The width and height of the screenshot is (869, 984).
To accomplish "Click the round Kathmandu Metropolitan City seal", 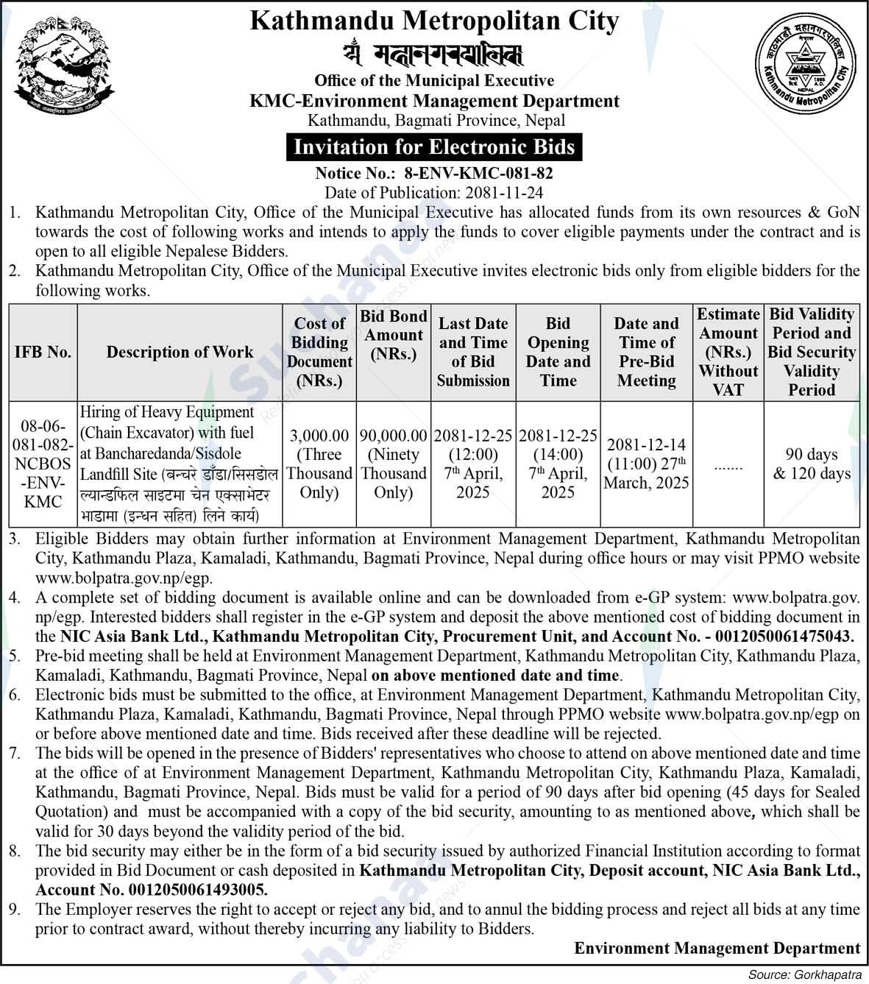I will click(x=805, y=69).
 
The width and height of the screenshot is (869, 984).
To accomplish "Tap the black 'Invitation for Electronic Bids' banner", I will click(x=434, y=147).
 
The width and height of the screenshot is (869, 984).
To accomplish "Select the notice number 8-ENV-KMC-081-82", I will click(x=478, y=174).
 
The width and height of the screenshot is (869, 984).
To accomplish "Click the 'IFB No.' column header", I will click(x=43, y=352).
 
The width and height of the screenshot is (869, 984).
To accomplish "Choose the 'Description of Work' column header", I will click(x=180, y=352).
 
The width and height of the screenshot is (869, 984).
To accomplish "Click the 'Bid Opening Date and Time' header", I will click(x=558, y=352).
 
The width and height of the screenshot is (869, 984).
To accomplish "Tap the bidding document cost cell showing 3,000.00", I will click(x=319, y=464).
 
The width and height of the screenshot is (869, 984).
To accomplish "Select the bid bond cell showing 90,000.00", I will click(x=394, y=464).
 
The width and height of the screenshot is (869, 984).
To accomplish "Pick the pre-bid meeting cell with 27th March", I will click(x=646, y=464).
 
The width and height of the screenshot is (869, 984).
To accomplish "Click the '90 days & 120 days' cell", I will click(x=812, y=464).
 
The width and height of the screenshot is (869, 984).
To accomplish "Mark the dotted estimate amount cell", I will click(x=728, y=466).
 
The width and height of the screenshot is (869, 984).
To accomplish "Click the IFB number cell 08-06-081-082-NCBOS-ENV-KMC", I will click(x=43, y=464).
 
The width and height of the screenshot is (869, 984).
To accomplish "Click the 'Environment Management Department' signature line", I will click(x=717, y=949).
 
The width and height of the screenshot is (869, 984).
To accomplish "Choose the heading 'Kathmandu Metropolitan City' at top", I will click(x=434, y=21).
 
